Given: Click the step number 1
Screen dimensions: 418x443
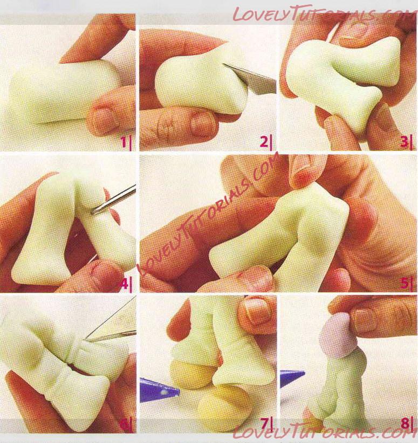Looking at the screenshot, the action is click(124, 142).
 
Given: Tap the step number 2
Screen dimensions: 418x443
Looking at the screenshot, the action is click(264, 142).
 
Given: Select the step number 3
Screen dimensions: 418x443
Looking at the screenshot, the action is click(404, 142).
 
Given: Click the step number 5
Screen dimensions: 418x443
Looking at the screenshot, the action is click(403, 283).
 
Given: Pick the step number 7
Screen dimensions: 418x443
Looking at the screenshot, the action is click(264, 424).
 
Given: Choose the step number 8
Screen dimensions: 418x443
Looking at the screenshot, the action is click(405, 424).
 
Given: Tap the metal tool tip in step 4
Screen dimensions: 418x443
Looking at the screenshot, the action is click(93, 212).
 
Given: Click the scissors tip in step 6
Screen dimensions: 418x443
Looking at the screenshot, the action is click(88, 339).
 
